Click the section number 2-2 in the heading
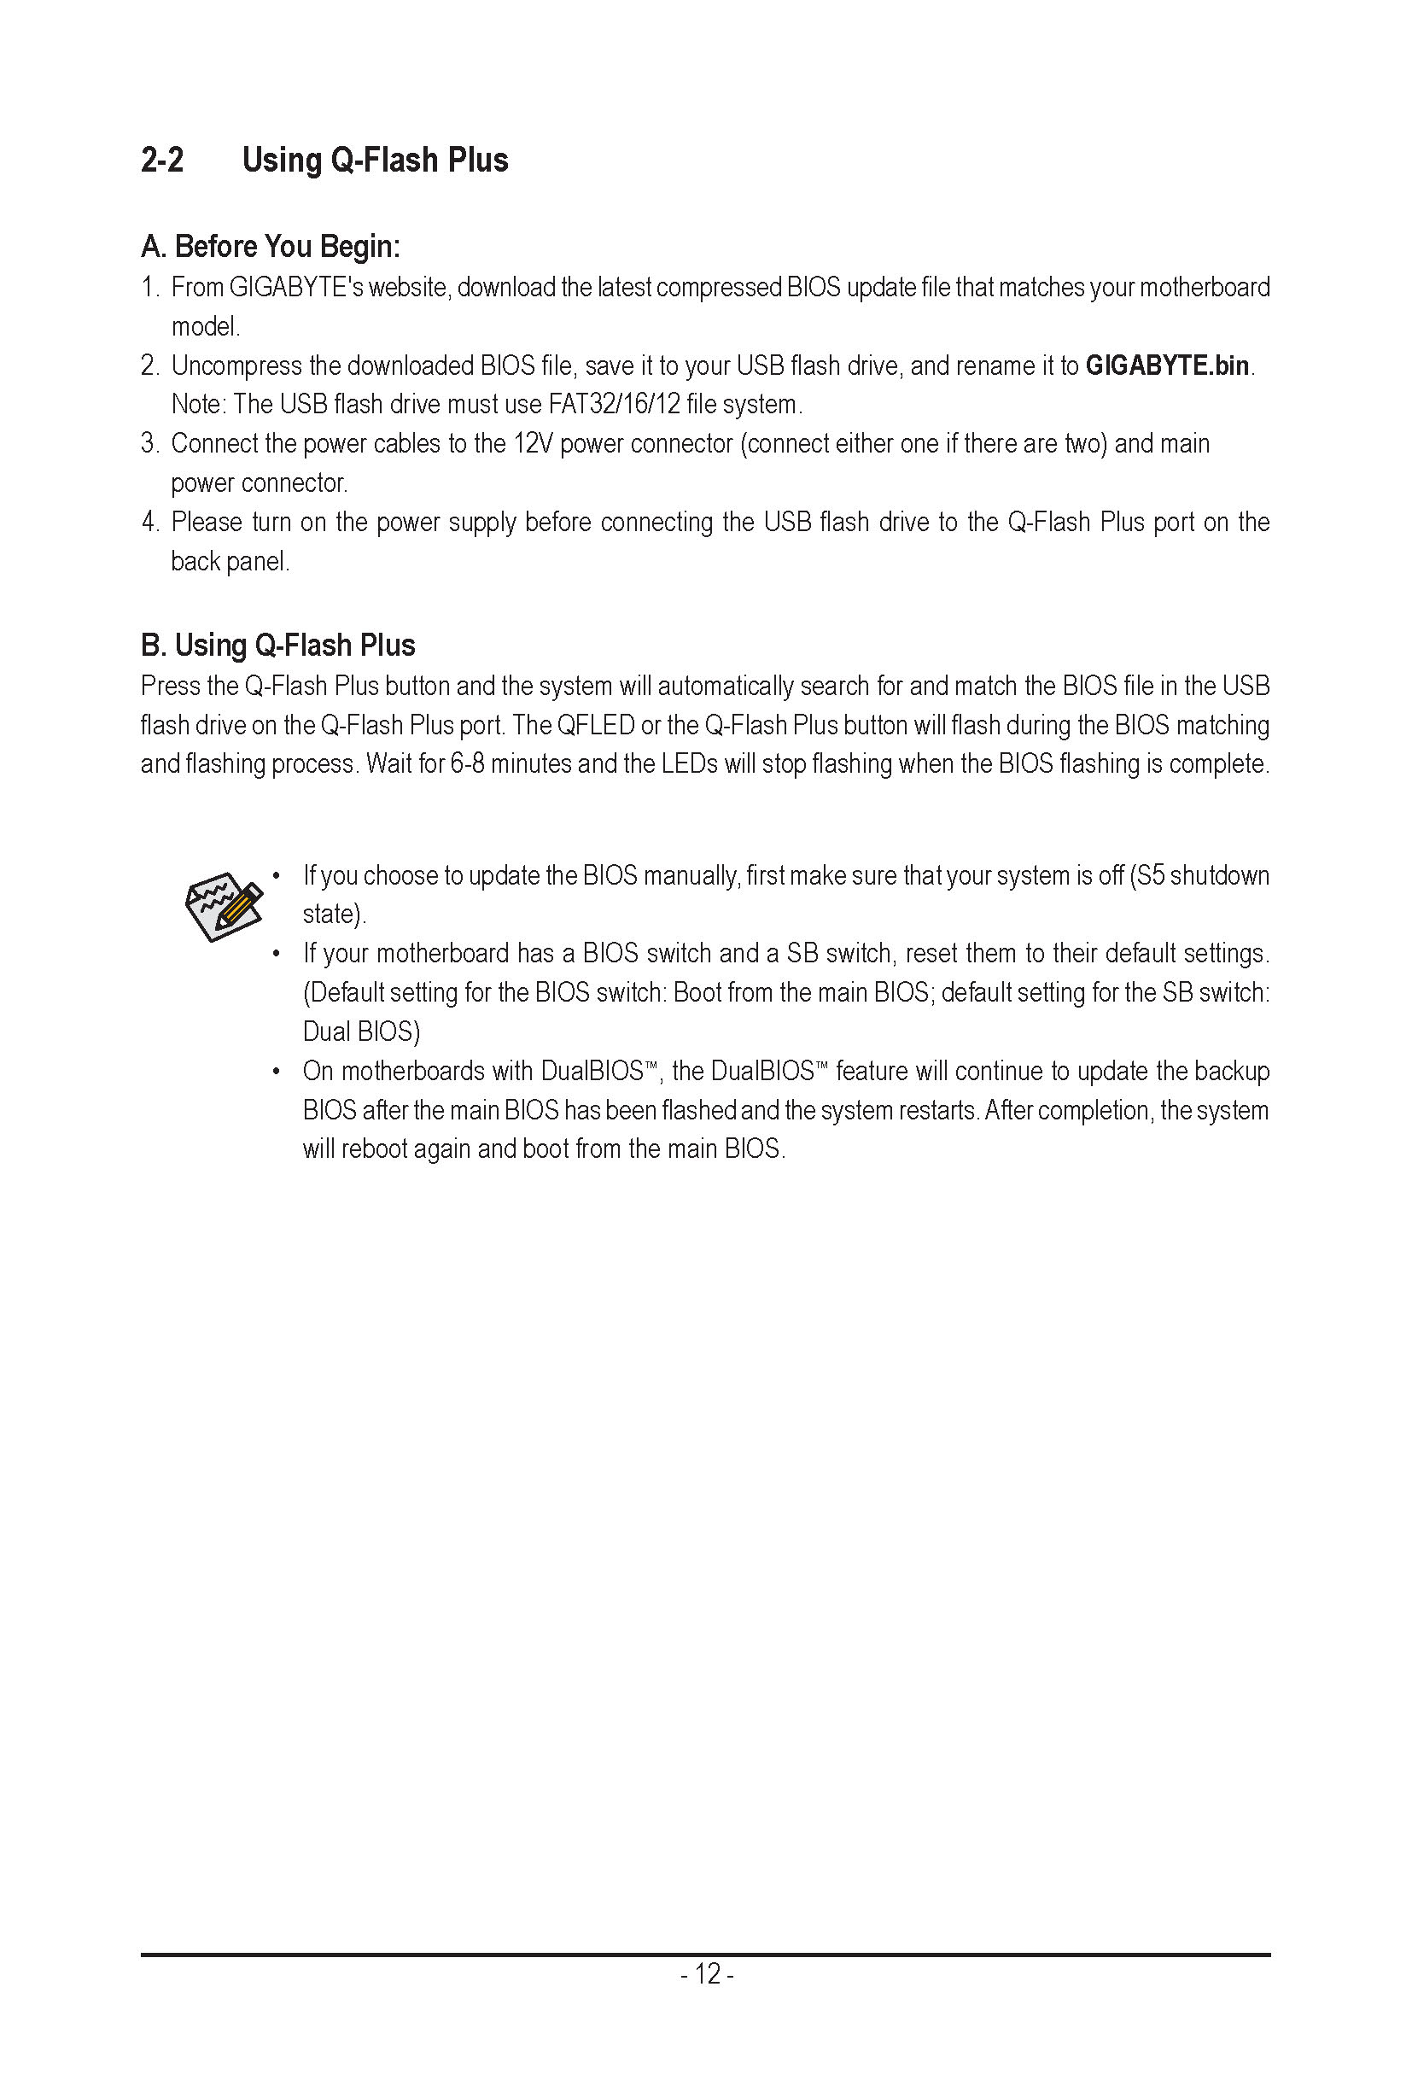pos(162,161)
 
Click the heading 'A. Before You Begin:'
pos(270,246)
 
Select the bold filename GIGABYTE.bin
pos(1167,365)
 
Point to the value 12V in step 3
pos(532,444)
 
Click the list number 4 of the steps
pos(149,523)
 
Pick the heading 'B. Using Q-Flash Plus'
pos(277,645)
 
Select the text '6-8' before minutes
pos(466,764)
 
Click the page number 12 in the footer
pos(707,1974)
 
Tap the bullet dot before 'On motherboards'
pos(277,1071)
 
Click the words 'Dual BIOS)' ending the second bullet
pos(361,1031)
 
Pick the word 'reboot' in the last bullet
pos(374,1149)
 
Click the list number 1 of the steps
pos(149,288)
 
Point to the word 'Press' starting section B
pos(169,687)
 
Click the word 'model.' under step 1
pos(206,327)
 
